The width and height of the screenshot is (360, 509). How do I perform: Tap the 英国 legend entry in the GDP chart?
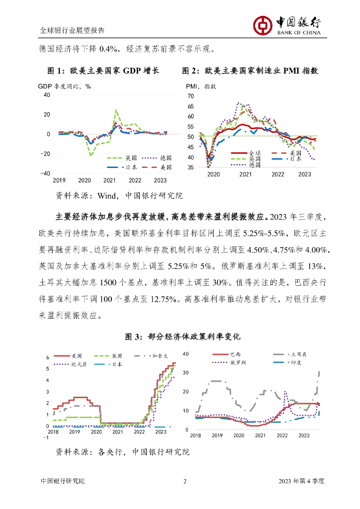131,157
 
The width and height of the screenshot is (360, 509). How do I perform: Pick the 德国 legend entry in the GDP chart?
166,157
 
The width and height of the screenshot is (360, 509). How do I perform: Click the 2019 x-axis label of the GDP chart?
59,180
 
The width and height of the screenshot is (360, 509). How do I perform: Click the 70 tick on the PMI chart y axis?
190,95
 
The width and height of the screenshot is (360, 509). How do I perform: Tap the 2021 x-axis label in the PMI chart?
245,174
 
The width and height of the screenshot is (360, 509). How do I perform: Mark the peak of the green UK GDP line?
116,110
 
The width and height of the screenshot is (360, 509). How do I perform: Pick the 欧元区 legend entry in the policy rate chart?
79,364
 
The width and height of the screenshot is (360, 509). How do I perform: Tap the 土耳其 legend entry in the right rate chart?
298,354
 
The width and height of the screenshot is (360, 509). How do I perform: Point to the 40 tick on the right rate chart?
187,353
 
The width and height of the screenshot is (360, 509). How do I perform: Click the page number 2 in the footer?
185,481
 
